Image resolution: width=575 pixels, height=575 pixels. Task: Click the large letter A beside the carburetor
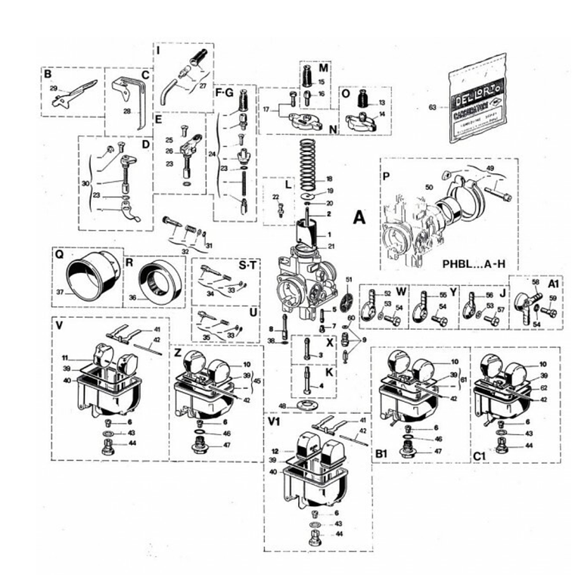click(359, 217)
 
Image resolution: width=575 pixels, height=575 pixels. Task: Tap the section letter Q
click(59, 255)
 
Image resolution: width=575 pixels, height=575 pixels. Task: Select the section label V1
click(274, 418)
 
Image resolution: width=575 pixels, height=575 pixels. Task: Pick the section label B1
click(381, 452)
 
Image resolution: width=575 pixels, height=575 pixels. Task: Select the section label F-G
click(225, 93)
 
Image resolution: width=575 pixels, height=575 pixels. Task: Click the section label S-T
click(247, 266)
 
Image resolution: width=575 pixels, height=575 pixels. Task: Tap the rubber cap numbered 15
click(308, 78)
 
